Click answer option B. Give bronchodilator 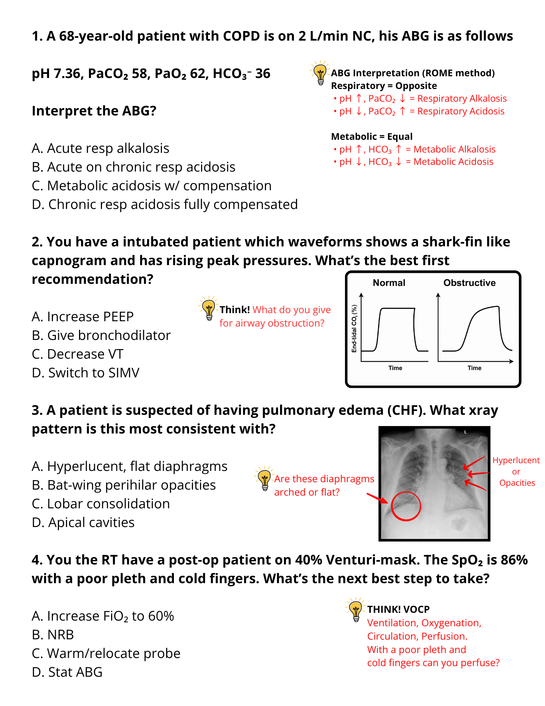tap(101, 335)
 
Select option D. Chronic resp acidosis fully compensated tap(164, 204)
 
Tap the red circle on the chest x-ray tap(406, 506)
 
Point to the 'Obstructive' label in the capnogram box tap(469, 283)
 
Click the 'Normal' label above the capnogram tap(389, 283)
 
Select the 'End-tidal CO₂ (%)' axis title tap(354, 328)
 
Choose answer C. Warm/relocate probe tap(106, 653)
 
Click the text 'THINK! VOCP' tap(398, 609)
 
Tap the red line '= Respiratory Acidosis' tap(457, 111)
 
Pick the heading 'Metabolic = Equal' tap(371, 137)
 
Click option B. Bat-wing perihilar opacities tap(123, 485)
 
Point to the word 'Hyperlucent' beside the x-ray tap(516, 460)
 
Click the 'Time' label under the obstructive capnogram tap(474, 368)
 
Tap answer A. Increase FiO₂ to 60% tap(103, 616)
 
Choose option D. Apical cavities tap(83, 522)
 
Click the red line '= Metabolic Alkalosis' tap(450, 149)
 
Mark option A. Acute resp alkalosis tap(100, 148)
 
